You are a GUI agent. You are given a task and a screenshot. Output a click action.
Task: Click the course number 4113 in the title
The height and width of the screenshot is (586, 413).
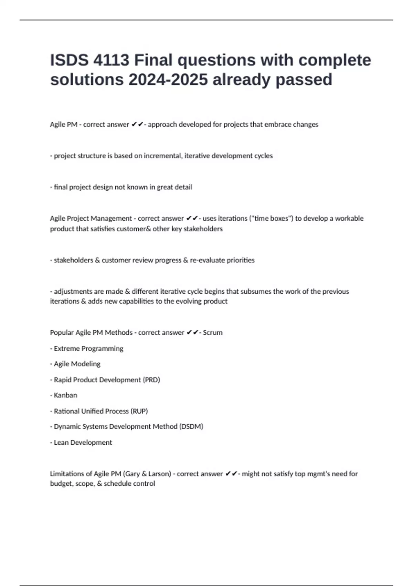(111, 60)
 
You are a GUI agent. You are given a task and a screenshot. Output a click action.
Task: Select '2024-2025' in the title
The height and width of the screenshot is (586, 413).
(168, 80)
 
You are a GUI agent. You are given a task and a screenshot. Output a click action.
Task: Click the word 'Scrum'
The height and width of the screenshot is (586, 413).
(213, 333)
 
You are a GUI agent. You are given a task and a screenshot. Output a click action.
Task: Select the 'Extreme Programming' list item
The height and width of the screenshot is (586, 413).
(88, 348)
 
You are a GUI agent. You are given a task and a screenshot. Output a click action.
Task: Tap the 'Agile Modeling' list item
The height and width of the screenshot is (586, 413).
(77, 364)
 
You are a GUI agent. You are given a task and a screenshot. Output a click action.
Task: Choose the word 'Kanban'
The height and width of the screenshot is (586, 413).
(65, 395)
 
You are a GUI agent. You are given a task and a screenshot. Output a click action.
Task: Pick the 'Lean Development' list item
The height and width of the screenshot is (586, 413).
(83, 443)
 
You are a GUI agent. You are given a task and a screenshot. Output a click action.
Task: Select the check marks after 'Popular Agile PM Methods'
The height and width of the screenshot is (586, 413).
(192, 333)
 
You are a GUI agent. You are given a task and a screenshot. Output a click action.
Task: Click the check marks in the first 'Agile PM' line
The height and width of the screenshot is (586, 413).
(137, 124)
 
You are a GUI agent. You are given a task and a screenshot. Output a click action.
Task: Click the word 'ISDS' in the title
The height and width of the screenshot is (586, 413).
(69, 60)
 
